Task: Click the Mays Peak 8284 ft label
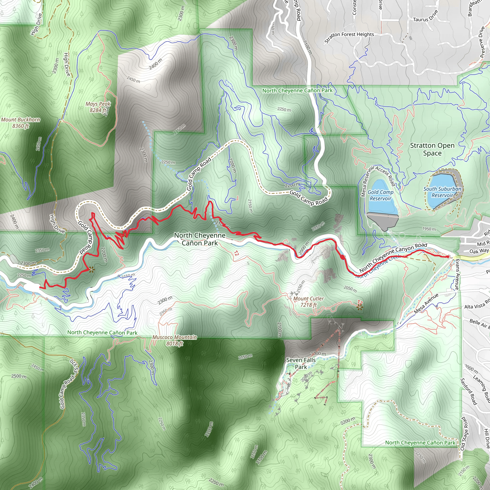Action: click(x=98, y=107)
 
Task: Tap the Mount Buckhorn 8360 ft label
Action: click(x=21, y=123)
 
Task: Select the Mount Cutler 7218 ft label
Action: click(x=308, y=302)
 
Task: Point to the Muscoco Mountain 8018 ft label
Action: click(x=174, y=340)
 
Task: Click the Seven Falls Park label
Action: click(x=301, y=363)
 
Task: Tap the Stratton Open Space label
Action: click(x=432, y=149)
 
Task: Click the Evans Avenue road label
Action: click(x=457, y=274)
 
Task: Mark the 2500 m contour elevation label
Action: click(x=19, y=376)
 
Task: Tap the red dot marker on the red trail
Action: click(x=343, y=257)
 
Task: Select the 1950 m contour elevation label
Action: click(x=429, y=229)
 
